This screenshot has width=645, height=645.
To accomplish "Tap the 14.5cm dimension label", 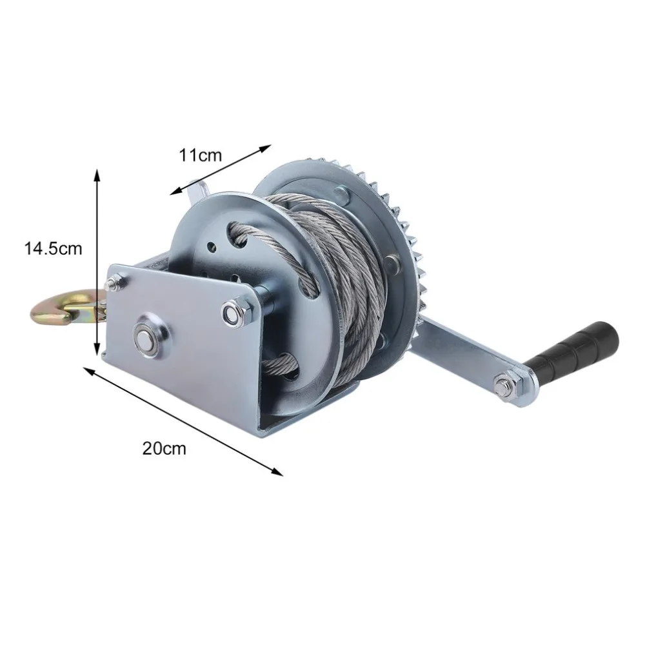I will tap(54, 248).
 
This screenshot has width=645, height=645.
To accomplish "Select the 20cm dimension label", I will tap(164, 448).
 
